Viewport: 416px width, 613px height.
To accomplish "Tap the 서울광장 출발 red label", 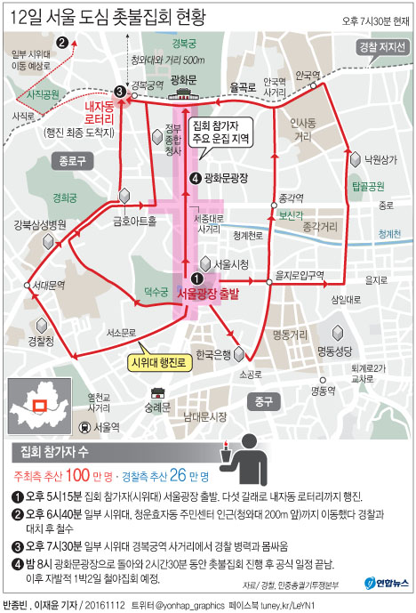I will click(209, 292).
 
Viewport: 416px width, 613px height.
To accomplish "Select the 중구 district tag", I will click(262, 398).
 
